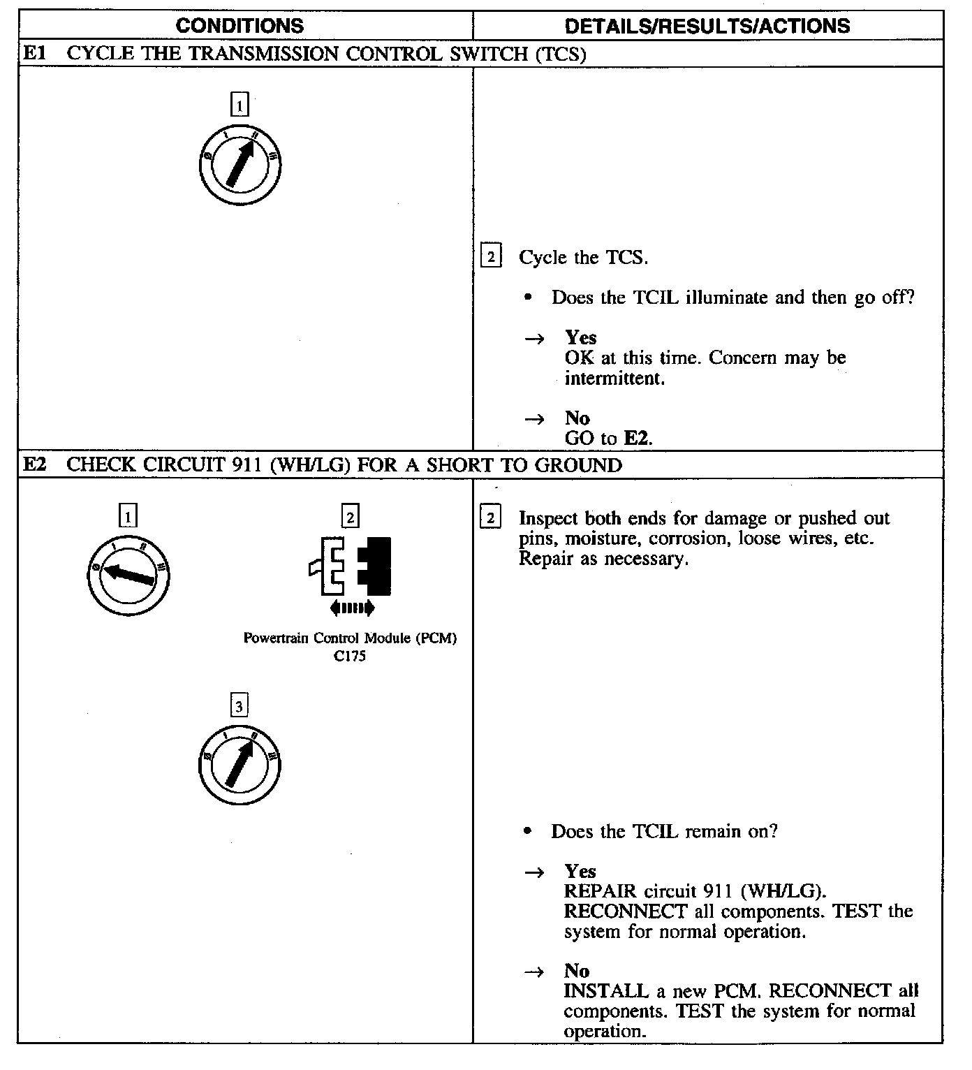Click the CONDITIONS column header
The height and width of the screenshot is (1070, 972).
pyautogui.click(x=240, y=27)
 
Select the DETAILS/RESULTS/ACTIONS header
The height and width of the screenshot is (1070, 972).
pyautogui.click(x=707, y=27)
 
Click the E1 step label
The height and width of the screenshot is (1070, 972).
pyautogui.click(x=35, y=54)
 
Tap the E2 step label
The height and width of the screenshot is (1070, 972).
pyautogui.click(x=35, y=464)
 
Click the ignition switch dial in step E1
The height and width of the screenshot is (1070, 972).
pyautogui.click(x=240, y=165)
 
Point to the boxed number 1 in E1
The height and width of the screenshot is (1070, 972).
pyautogui.click(x=240, y=105)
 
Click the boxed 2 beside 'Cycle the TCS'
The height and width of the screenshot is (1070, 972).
pyautogui.click(x=491, y=257)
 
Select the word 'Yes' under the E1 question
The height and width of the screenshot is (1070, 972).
pyautogui.click(x=580, y=338)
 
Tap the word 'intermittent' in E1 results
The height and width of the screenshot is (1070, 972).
pyautogui.click(x=613, y=379)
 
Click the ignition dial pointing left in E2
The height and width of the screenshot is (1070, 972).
pyautogui.click(x=128, y=574)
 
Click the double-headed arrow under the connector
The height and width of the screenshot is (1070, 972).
pyautogui.click(x=352, y=608)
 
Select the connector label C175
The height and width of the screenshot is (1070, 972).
pyautogui.click(x=350, y=657)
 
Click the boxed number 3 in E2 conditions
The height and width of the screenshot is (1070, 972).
pyautogui.click(x=239, y=707)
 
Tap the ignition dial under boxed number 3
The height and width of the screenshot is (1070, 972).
pyautogui.click(x=240, y=766)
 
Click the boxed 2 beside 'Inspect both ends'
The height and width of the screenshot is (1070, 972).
pyautogui.click(x=491, y=518)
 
